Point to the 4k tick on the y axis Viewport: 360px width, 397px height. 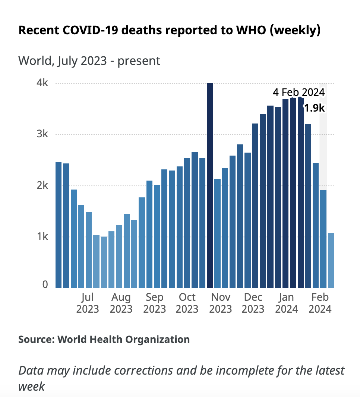42,83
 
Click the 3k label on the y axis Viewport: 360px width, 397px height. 42,134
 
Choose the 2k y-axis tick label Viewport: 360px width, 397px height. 42,185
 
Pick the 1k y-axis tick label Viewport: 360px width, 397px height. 42,237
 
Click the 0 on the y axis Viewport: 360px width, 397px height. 45,285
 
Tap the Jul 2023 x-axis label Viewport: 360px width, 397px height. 88,303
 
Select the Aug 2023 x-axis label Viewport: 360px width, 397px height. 121,303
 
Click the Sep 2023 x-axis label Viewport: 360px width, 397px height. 154,303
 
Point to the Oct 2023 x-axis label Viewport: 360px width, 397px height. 187,303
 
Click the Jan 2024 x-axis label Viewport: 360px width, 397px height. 287,303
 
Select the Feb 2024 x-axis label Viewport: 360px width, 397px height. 320,303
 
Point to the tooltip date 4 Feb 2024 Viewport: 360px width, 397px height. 299,92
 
